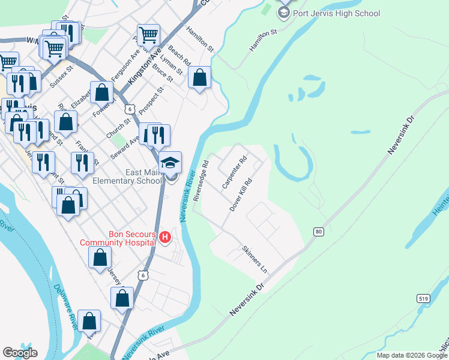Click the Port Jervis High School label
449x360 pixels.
pyautogui.click(x=336, y=13)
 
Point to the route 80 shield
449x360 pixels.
pyautogui.click(x=319, y=231)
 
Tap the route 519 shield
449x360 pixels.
pyautogui.click(x=423, y=298)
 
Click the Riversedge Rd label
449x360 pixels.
pyautogui.click(x=200, y=180)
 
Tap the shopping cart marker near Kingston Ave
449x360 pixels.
pyautogui.click(x=148, y=35)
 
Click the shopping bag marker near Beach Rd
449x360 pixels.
pyautogui.click(x=199, y=77)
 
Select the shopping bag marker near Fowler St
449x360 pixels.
pyautogui.click(x=102, y=92)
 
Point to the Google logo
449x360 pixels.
pyautogui.click(x=20, y=353)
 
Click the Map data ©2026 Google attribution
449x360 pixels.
pyautogui.click(x=412, y=355)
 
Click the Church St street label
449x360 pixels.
pyautogui.click(x=118, y=128)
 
